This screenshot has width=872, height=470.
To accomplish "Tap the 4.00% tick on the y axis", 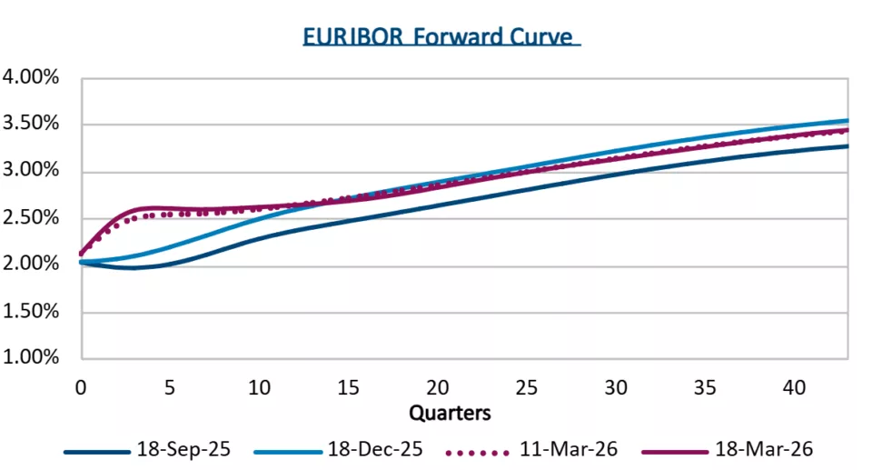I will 32,77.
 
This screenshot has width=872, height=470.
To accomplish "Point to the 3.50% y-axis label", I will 32,125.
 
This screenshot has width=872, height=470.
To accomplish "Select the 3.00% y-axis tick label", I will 32,171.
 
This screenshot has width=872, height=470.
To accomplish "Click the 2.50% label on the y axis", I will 32,218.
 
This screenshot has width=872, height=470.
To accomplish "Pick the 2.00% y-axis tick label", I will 32,265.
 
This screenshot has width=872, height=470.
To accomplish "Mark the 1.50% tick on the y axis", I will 32,312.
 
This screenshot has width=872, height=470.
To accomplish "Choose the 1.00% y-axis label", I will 32,358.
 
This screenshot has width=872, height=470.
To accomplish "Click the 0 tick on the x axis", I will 81,387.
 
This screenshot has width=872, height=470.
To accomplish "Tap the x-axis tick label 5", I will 170,387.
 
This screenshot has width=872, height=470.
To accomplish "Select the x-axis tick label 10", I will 260,387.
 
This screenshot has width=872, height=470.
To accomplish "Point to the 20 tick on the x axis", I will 438,387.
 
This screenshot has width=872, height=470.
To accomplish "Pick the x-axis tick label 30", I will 617,387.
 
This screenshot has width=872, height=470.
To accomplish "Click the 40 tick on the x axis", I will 795,387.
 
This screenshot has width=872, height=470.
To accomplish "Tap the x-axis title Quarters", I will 450,413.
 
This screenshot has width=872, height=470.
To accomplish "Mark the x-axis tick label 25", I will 528,387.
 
